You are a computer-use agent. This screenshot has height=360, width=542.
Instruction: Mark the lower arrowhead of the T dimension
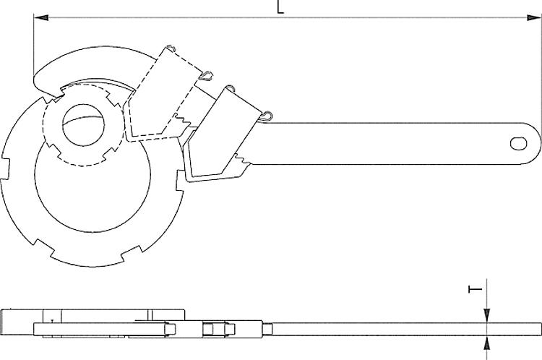point(488,340)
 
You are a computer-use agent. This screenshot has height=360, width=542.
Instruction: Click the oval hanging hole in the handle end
point(519,143)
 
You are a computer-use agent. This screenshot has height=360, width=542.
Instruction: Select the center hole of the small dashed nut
point(84,127)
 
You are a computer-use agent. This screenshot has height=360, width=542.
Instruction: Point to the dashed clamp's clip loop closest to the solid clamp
point(207,73)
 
